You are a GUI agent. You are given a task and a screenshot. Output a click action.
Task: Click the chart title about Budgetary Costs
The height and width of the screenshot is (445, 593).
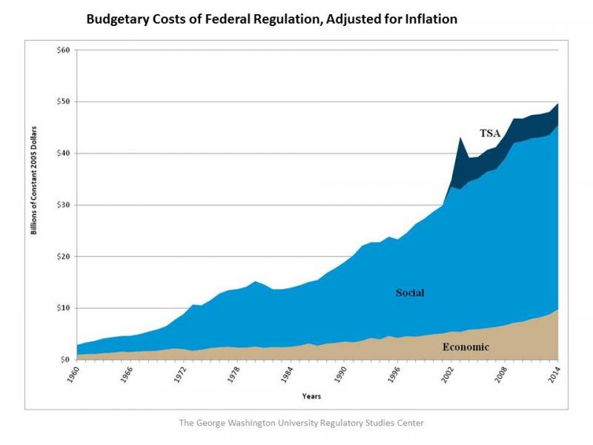click(x=271, y=19)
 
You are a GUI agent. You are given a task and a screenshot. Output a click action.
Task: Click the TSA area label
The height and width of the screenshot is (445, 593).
click(x=490, y=134)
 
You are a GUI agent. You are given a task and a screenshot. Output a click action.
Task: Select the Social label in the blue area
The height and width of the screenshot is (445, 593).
click(x=409, y=293)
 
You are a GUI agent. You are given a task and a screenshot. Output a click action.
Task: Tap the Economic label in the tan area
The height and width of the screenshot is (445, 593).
click(x=466, y=346)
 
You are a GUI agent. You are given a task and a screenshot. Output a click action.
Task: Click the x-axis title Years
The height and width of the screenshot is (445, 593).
click(x=311, y=396)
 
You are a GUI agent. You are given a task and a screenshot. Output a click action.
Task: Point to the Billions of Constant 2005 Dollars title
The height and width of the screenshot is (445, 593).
click(x=34, y=185)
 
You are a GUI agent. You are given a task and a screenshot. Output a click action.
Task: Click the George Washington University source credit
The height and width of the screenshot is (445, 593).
click(x=302, y=423)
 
